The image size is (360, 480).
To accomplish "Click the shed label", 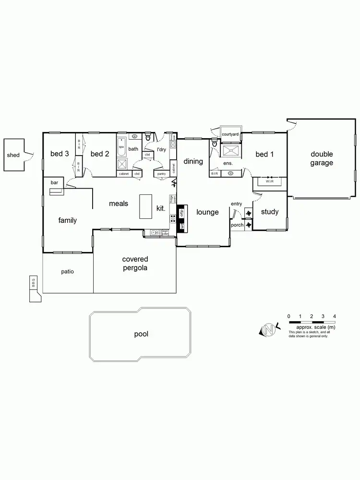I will [13, 155].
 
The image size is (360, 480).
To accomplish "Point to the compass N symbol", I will [269, 329].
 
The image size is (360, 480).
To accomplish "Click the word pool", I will [141, 334].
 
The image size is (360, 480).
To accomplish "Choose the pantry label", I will [161, 173].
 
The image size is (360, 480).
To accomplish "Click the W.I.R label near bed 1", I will [270, 182].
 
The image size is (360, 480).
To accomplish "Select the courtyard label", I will [230, 134].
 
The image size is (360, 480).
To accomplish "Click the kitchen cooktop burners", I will [172, 218].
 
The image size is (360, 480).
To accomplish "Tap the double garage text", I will [322, 158].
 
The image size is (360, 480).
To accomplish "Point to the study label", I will [270, 212].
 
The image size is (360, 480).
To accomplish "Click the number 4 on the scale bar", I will [334, 316].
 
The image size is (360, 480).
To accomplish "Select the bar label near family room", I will [54, 182].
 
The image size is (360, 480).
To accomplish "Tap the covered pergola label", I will [134, 264].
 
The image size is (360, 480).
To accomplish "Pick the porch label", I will [237, 225].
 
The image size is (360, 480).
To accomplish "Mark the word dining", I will [193, 161].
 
